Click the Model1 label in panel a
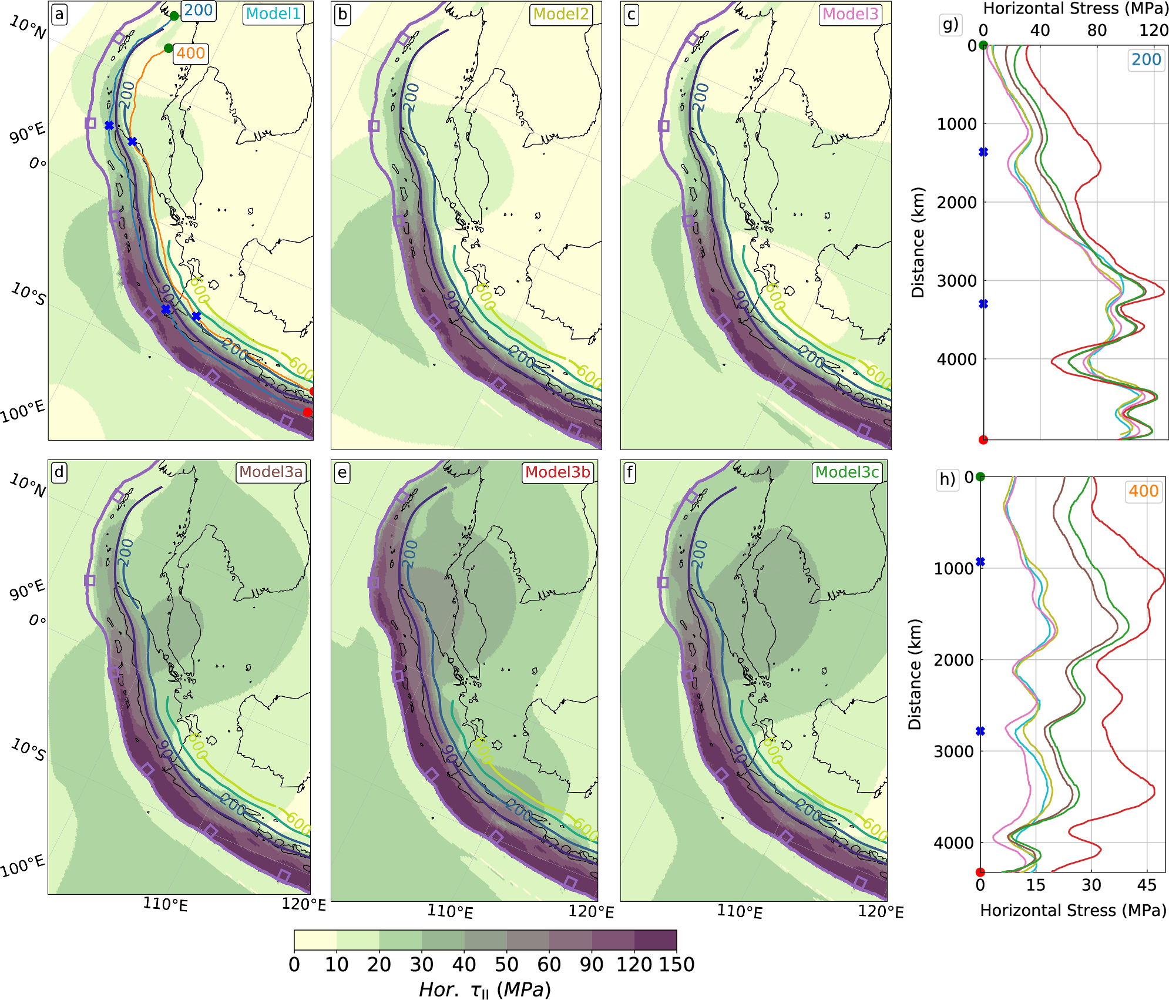point(273,14)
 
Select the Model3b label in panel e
point(557,472)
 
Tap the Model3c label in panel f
point(847,472)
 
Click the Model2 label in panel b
point(561,14)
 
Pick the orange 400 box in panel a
point(190,53)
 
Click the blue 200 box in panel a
point(199,11)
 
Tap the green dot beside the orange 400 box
point(169,48)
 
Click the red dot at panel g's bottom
point(983,439)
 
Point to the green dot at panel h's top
point(980,476)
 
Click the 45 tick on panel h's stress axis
point(1147,885)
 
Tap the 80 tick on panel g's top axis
point(1097,31)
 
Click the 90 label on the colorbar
point(592,965)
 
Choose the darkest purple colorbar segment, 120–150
point(655,940)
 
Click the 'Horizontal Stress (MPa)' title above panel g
point(1076,9)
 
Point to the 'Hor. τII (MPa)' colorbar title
point(485,989)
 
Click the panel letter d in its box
point(59,472)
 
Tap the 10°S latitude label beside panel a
point(28,294)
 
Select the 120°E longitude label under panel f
point(881,912)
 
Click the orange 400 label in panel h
point(1143,491)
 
